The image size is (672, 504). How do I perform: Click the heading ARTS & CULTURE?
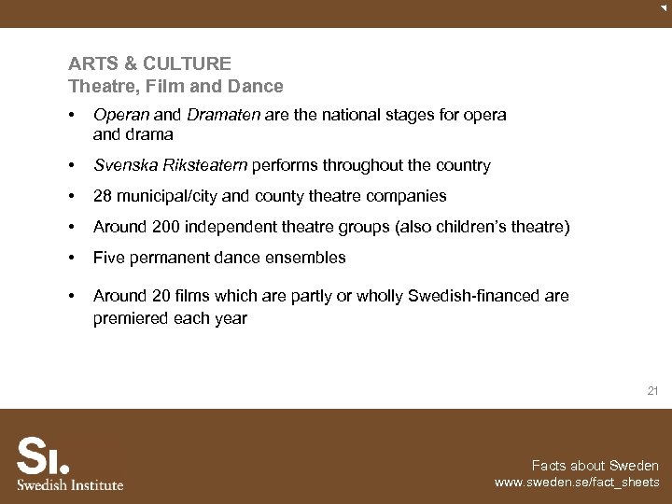(149, 63)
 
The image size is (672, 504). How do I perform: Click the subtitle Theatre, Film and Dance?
(175, 86)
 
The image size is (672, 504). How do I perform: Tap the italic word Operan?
(121, 115)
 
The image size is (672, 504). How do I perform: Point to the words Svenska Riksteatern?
(171, 165)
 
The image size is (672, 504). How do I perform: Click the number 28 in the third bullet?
(103, 196)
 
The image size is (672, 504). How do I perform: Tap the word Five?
(109, 258)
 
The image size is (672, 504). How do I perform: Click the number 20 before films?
(161, 296)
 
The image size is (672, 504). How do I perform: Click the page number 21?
(652, 391)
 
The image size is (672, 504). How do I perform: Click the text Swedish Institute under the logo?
(70, 484)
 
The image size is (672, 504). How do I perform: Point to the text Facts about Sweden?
(595, 466)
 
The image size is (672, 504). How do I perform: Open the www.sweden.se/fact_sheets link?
(577, 483)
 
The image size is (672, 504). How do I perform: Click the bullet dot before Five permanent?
(71, 258)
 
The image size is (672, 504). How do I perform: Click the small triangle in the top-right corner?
(664, 7)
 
